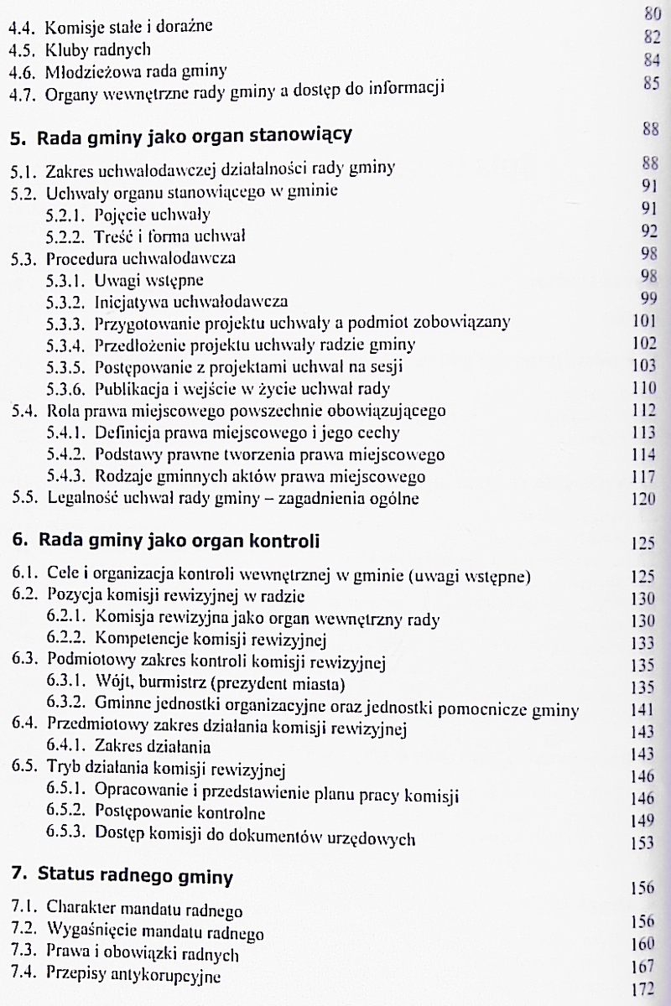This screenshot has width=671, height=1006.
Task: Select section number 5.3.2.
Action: (69, 300)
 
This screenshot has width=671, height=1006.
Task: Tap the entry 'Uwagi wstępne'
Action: (149, 278)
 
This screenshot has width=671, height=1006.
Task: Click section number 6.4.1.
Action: (68, 746)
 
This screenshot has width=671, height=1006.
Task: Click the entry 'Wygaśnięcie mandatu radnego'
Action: (155, 932)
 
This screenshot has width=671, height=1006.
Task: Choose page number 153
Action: (641, 839)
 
